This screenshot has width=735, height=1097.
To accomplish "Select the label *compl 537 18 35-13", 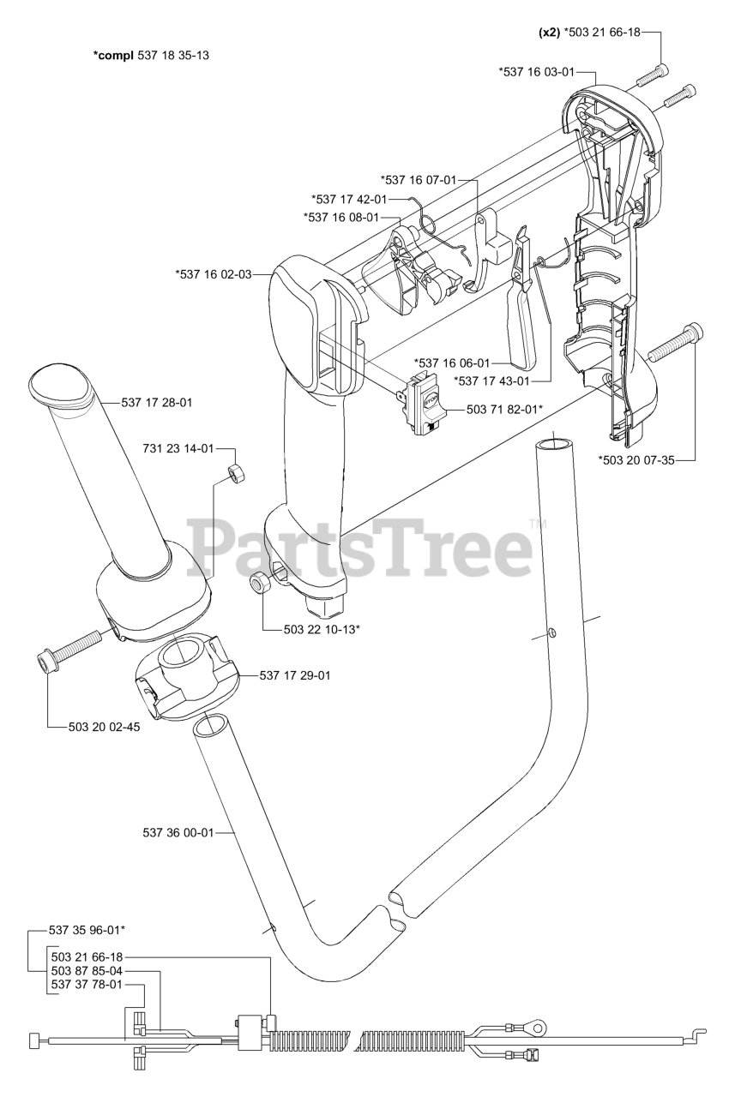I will tap(151, 55).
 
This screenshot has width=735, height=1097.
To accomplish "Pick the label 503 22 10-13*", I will tap(321, 630).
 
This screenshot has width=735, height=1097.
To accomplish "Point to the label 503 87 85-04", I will tap(86, 970).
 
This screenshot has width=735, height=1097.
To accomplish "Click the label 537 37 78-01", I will tap(86, 985).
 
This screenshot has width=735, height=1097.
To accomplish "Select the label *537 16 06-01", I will tap(452, 363).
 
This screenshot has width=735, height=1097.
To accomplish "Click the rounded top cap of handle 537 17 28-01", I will tap(60, 383).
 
